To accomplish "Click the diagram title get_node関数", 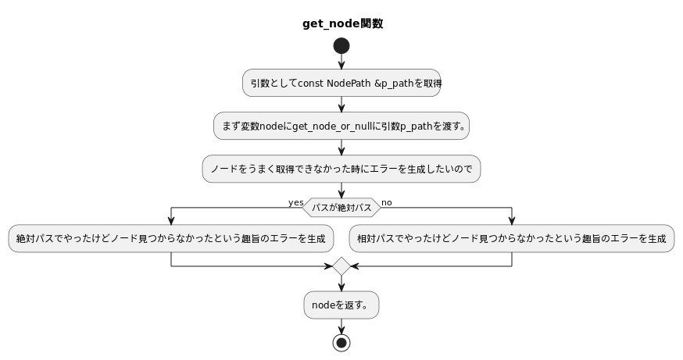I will (x=341, y=23).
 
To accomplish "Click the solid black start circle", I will (x=341, y=46).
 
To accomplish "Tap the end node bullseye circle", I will (x=341, y=342).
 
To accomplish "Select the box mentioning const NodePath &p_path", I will (x=341, y=83).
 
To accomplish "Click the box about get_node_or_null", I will (x=341, y=126).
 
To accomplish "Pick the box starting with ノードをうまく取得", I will (x=341, y=169).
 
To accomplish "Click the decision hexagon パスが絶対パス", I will (x=341, y=208).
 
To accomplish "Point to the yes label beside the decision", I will (x=295, y=203).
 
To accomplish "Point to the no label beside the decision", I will (x=387, y=203).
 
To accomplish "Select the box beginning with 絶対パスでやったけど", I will (x=171, y=239).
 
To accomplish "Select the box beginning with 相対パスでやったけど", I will (x=512, y=239).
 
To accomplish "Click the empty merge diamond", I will (x=341, y=266).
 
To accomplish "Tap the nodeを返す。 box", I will (x=341, y=305).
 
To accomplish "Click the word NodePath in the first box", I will (x=350, y=83).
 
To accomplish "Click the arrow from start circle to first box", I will (x=341, y=62).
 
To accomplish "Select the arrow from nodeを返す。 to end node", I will (x=341, y=326).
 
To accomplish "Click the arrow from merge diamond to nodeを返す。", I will (x=341, y=284).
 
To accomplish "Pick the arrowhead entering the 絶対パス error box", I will (x=171, y=221).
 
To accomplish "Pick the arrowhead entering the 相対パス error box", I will (x=512, y=221).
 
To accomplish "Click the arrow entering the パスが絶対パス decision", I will (x=341, y=191).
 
